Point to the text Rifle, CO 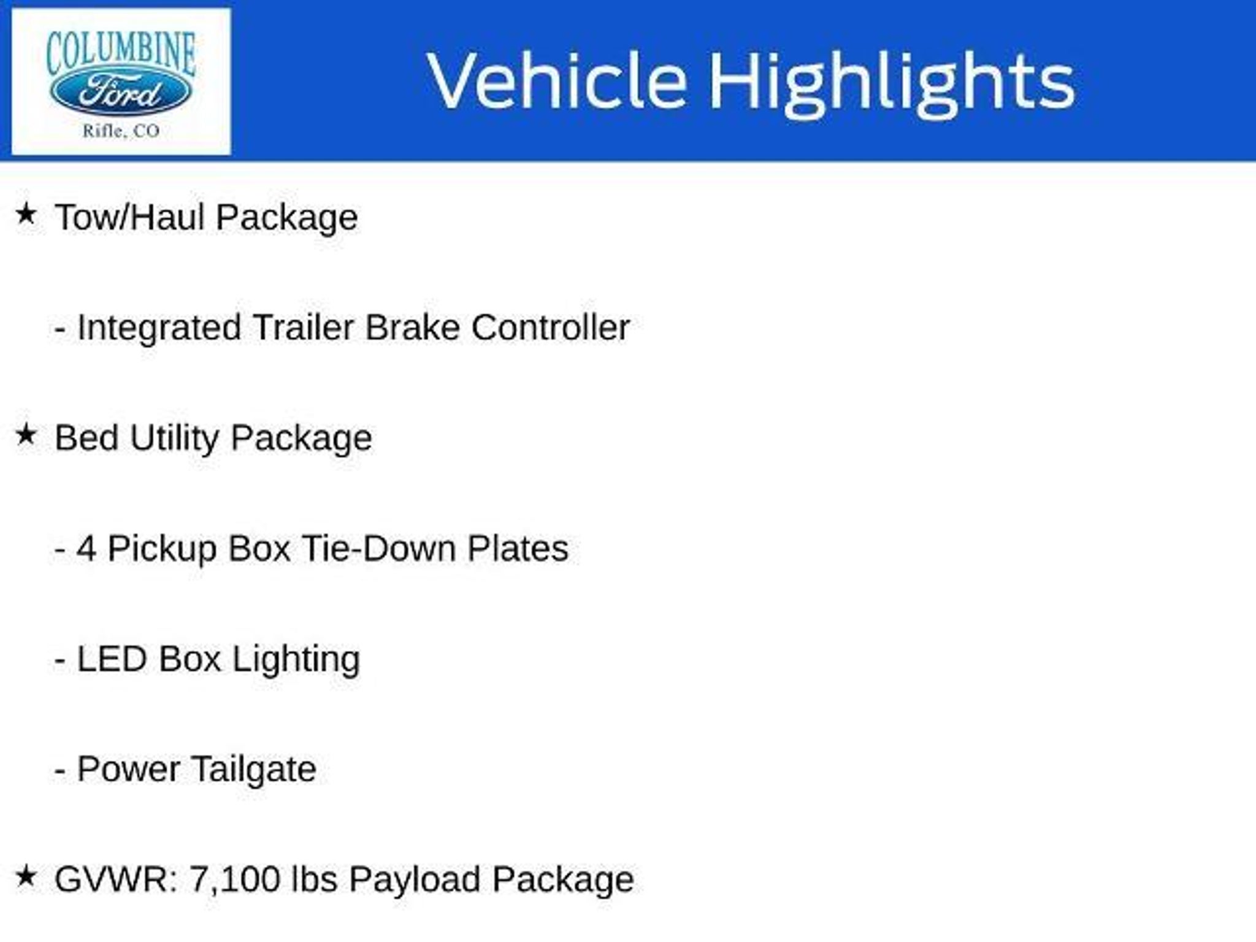click(x=121, y=131)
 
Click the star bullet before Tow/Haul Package click(x=26, y=214)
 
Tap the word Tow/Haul click(x=129, y=217)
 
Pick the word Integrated click(x=159, y=328)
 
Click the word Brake click(x=412, y=327)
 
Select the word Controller click(x=550, y=327)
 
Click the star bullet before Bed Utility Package click(x=26, y=435)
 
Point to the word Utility click(x=174, y=439)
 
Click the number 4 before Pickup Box click(x=86, y=548)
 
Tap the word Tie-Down click(x=378, y=548)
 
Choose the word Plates click(x=518, y=548)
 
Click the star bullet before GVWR click(x=26, y=876)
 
